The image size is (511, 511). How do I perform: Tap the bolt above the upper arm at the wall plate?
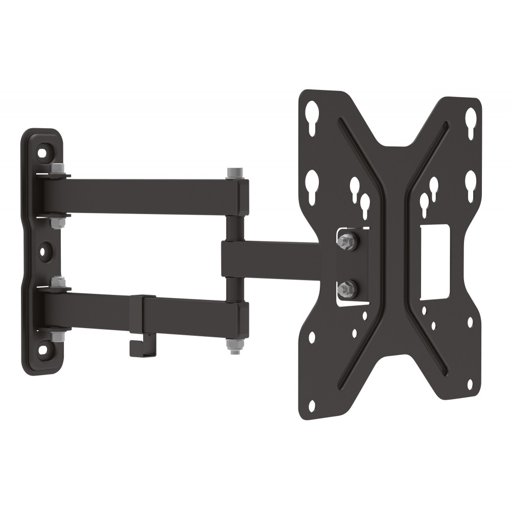point(57,169)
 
